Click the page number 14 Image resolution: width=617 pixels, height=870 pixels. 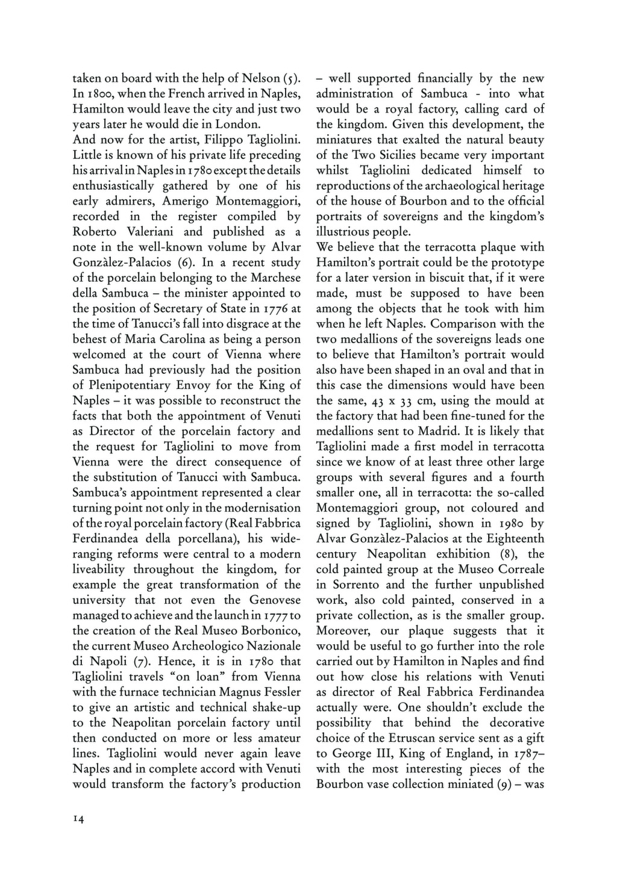coord(78,819)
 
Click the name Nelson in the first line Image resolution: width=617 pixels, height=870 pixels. coord(260,78)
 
